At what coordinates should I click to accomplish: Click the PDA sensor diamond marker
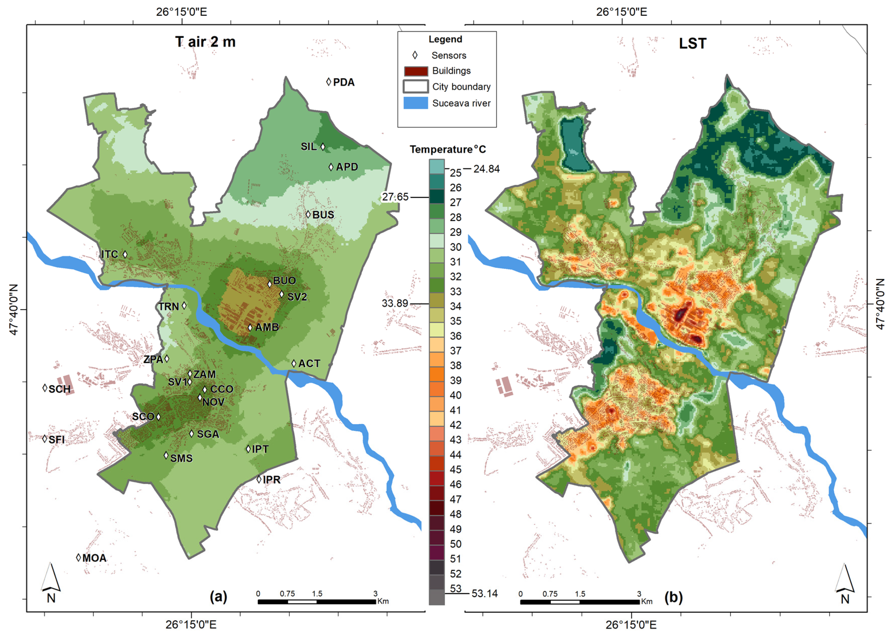pyautogui.click(x=329, y=82)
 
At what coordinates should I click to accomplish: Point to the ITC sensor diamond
pyautogui.click(x=125, y=254)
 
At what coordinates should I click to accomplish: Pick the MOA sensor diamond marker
pyautogui.click(x=78, y=557)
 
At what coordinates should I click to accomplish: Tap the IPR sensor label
pyautogui.click(x=272, y=480)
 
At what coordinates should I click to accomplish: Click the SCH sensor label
pyautogui.click(x=59, y=389)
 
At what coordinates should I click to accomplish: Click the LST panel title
pyautogui.click(x=693, y=43)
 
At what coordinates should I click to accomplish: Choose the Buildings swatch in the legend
pyautogui.click(x=416, y=71)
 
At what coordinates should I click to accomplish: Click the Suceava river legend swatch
pyautogui.click(x=416, y=103)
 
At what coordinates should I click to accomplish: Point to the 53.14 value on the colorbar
pyautogui.click(x=484, y=593)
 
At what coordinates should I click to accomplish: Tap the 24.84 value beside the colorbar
pyautogui.click(x=486, y=169)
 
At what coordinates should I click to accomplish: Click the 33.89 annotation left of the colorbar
pyautogui.click(x=395, y=303)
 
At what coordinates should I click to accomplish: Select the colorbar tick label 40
pyautogui.click(x=455, y=395)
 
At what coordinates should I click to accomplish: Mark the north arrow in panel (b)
pyautogui.click(x=844, y=584)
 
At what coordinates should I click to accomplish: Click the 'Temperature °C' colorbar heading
pyautogui.click(x=448, y=149)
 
